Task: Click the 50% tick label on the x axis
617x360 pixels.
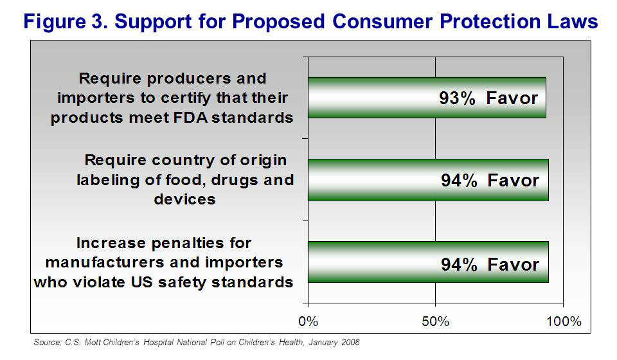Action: (435, 321)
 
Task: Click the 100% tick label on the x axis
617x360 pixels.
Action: (563, 321)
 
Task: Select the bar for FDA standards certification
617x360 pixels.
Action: (427, 98)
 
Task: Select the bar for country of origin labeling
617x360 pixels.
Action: (428, 180)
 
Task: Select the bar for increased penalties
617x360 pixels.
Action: (428, 262)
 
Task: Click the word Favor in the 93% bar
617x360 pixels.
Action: (513, 98)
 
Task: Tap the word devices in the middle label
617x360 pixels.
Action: (184, 199)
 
